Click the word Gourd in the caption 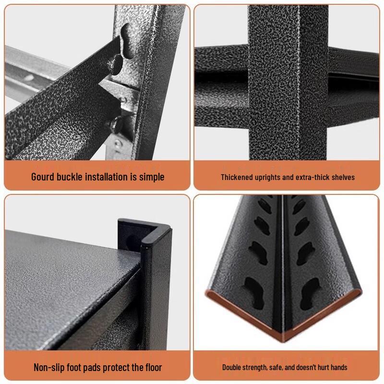[44, 177]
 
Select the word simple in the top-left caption [151, 177]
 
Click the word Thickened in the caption [237, 177]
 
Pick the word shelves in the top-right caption [343, 177]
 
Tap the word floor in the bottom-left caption [151, 368]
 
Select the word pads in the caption [93, 368]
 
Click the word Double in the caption [232, 368]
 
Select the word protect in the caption [120, 368]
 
